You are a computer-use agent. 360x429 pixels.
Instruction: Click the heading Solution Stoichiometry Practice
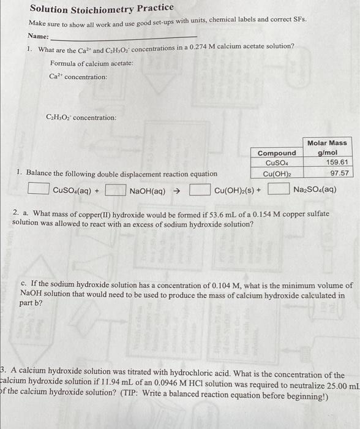(x=102, y=9)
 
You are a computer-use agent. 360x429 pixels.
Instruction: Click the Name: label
(x=38, y=37)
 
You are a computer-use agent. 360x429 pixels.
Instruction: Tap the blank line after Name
(x=122, y=39)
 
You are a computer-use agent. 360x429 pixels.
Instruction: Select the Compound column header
(x=276, y=153)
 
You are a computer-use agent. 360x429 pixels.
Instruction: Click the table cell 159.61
(x=337, y=162)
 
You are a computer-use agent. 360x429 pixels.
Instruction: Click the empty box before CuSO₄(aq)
(x=39, y=190)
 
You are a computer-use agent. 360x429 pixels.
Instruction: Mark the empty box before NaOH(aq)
(x=116, y=190)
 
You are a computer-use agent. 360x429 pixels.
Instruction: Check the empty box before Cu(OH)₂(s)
(x=200, y=190)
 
